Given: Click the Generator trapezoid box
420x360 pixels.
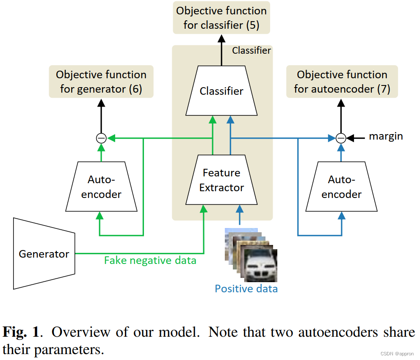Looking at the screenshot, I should point(44,254).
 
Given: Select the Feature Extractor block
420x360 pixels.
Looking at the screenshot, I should point(221,180).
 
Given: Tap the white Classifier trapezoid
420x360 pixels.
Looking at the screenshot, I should point(221,91).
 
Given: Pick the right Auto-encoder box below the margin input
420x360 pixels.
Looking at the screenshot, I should point(341,187).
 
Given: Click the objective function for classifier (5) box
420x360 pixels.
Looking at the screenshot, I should point(221,18).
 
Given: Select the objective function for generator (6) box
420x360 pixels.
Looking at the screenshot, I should point(101,82).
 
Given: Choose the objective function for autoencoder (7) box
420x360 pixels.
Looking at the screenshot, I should point(342,82).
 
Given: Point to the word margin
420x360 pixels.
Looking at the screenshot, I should point(386,136).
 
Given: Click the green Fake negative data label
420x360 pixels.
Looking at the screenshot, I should point(150,260).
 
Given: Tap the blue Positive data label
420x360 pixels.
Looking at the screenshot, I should point(246,289).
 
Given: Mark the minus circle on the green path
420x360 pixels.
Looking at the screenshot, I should point(101,138).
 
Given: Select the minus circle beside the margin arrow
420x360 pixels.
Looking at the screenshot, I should point(341,138).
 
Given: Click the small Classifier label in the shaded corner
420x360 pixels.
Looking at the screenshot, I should point(251,51).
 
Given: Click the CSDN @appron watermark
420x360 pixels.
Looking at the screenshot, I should point(397,354).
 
